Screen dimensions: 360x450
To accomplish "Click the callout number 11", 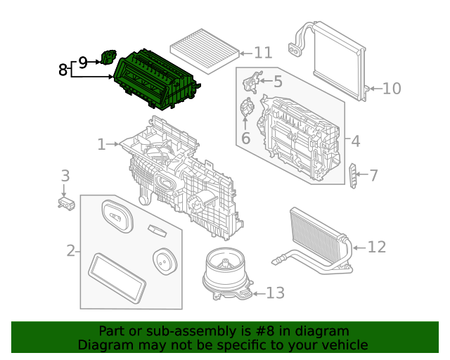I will point(263,53).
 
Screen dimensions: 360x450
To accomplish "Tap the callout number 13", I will point(275,292).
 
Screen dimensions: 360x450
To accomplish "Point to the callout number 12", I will point(376,247).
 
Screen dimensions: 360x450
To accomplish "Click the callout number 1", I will point(101,145).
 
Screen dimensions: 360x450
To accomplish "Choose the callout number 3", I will point(64,176).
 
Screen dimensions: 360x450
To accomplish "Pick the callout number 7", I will point(373,175).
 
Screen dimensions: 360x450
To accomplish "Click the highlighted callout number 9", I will point(82,63).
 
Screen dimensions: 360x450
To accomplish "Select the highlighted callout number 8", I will point(63,70).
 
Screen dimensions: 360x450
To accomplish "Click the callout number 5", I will point(278,82).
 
